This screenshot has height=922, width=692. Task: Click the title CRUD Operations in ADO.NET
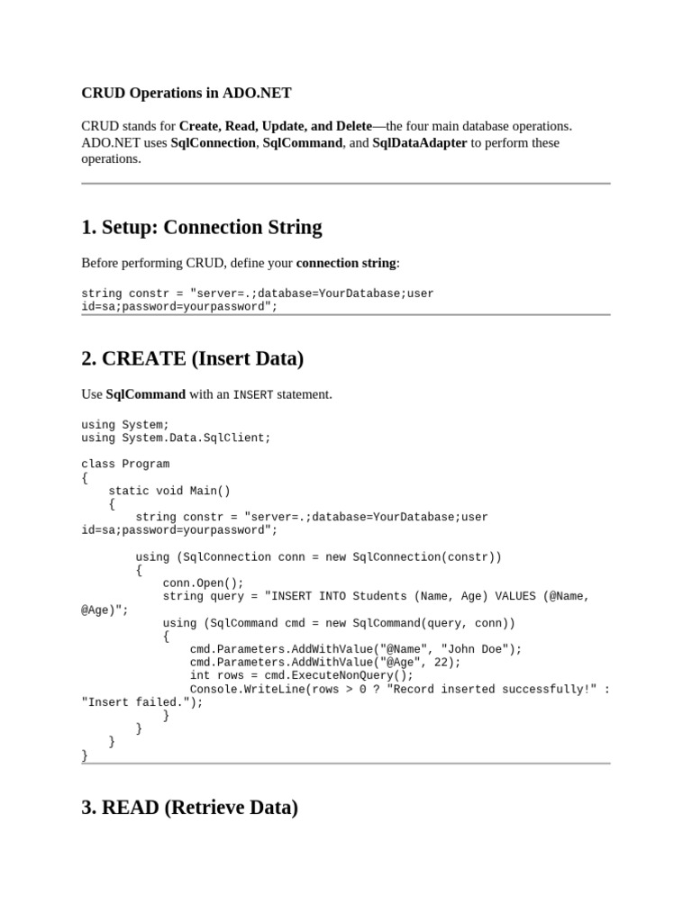point(187,93)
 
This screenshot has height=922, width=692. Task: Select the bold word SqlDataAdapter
point(419,143)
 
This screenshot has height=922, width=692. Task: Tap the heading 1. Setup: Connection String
point(201,227)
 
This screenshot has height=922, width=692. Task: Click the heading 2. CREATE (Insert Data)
point(192,358)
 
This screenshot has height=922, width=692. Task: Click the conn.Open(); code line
point(203,583)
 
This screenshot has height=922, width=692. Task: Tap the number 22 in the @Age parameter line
point(443,663)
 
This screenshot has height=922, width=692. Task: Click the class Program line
point(125,465)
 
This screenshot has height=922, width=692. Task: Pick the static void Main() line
point(169,491)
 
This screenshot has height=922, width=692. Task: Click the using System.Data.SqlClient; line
point(176,438)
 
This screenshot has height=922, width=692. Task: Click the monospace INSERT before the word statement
point(253,395)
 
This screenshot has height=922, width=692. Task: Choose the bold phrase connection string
point(346,264)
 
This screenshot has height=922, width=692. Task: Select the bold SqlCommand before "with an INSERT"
point(146,394)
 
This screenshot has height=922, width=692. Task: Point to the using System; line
point(125,425)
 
